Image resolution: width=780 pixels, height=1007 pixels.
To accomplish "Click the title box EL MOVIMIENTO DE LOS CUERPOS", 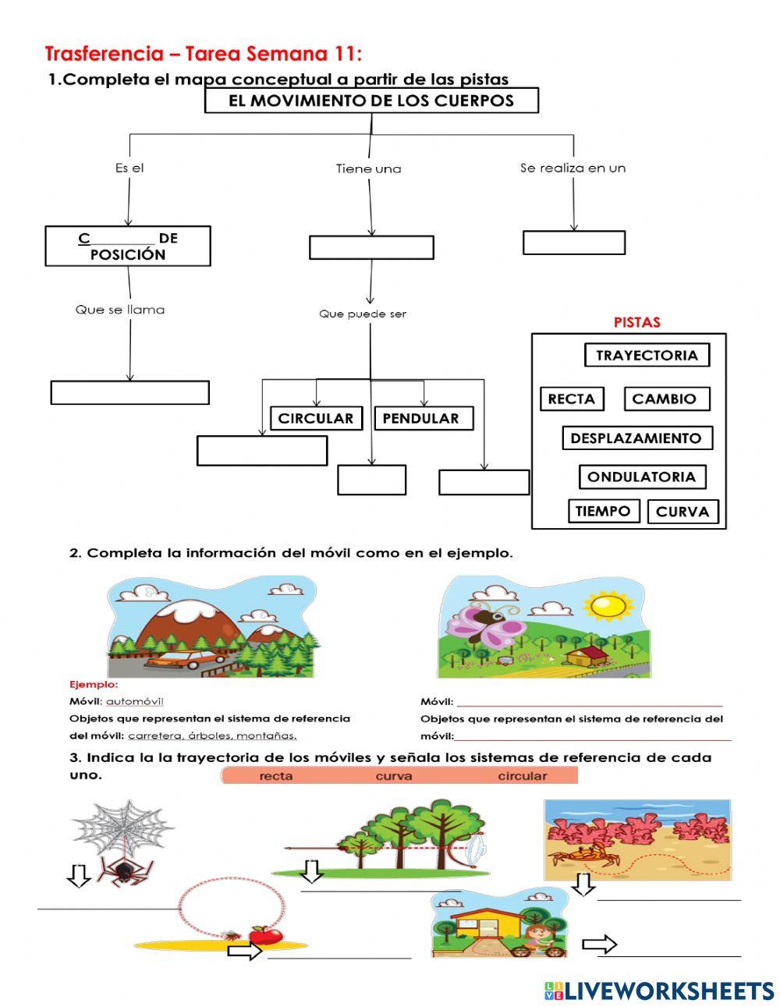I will point(371,101).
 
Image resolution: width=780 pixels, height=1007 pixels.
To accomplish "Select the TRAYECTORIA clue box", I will point(647,355).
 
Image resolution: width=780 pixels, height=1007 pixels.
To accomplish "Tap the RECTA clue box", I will point(571,399).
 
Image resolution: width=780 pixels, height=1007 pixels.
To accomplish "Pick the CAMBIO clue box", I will point(666,399).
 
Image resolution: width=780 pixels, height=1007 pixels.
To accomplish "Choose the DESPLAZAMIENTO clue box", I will point(636,438).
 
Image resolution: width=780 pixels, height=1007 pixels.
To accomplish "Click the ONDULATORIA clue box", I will point(642,477).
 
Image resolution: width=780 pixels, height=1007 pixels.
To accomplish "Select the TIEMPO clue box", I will point(603,512).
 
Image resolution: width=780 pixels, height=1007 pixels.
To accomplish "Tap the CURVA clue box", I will point(682,512).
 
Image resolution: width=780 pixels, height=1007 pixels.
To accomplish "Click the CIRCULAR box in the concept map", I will point(315,418).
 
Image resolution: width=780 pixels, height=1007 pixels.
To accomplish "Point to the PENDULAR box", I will point(422,418).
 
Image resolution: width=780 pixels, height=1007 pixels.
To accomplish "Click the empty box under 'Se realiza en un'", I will point(573,243).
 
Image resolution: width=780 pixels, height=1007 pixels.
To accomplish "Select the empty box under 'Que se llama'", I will point(129,392).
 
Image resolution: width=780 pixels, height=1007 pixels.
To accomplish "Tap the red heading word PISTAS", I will point(636,322).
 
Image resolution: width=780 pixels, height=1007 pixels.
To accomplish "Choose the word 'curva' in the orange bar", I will point(394,776).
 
